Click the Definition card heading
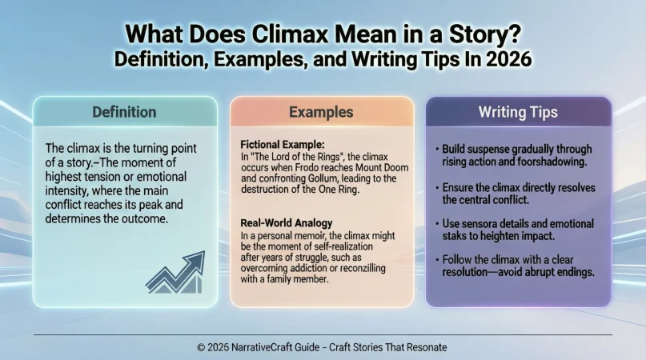click(x=124, y=112)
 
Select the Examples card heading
click(x=322, y=112)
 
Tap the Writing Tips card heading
click(x=519, y=112)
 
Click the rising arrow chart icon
click(x=175, y=272)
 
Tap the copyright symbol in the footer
click(x=201, y=347)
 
